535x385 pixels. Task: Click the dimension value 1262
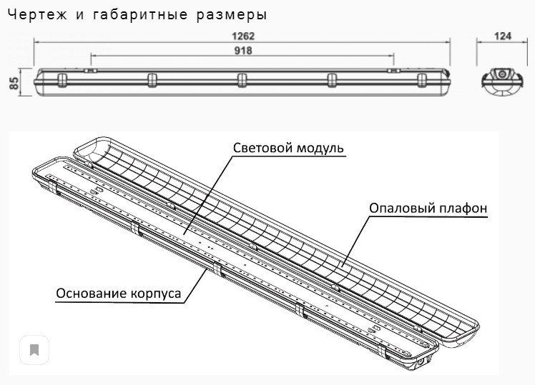[x=242, y=36]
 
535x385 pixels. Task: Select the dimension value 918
[x=242, y=50]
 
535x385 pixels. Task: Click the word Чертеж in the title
[x=31, y=14]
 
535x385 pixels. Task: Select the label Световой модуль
[x=288, y=148]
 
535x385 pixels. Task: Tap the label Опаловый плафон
[x=428, y=208]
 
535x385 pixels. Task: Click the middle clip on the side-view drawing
[x=241, y=79]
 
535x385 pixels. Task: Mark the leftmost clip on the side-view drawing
[x=62, y=79]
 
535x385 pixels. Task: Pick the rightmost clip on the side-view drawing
[x=421, y=79]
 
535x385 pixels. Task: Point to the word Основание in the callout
[x=91, y=294]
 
